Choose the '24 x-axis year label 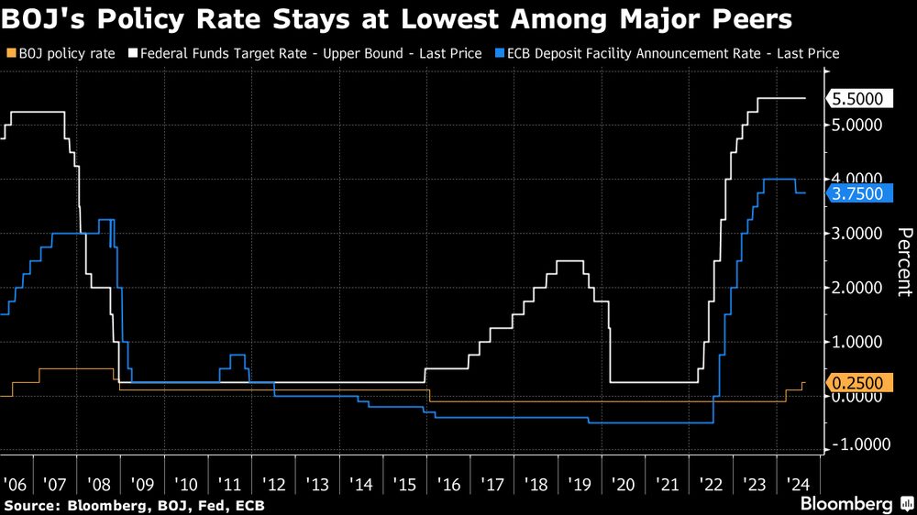coord(797,483)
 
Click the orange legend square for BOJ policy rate coord(9,54)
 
